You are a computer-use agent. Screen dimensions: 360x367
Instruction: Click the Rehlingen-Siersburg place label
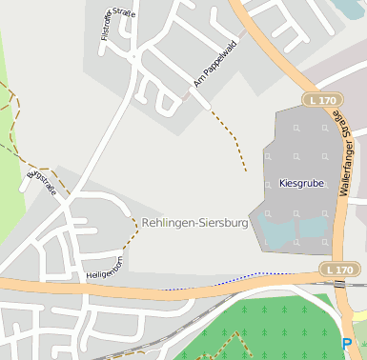[x=194, y=223]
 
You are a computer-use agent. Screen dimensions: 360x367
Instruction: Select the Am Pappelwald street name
[x=214, y=64]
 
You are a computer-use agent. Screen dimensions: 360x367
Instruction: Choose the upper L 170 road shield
[x=322, y=99]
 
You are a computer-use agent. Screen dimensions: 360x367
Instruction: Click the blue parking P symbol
[x=347, y=344]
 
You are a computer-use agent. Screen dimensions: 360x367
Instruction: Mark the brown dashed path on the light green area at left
[x=11, y=105]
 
